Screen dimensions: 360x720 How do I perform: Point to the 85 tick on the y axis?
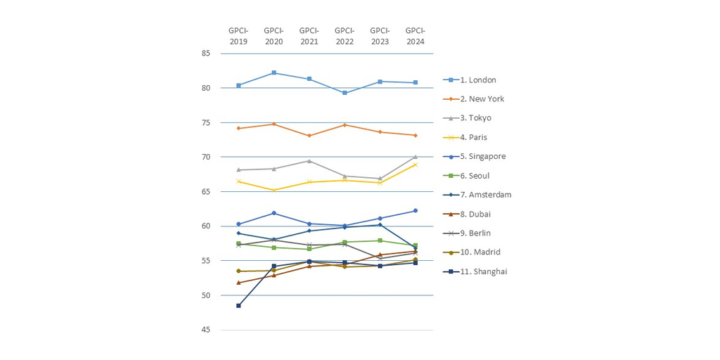tap(206, 53)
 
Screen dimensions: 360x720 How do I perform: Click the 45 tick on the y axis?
tap(206, 330)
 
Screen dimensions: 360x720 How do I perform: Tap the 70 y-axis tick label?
tap(206, 157)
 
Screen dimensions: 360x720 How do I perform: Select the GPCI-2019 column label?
tap(238, 36)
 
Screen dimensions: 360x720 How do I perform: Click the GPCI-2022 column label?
tap(345, 36)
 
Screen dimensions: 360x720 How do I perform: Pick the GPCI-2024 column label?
tap(415, 36)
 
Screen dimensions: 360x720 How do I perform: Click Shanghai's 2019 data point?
tap(238, 306)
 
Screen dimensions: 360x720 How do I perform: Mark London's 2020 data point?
tap(274, 73)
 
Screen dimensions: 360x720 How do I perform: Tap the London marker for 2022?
tap(345, 93)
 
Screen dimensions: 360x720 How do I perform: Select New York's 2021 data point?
tap(309, 136)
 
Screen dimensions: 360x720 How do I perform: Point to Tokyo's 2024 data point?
tap(415, 157)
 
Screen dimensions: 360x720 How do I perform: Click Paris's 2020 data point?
tap(274, 190)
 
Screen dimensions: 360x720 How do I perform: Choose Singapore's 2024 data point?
tap(415, 211)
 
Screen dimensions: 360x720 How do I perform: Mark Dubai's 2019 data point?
tap(238, 283)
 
